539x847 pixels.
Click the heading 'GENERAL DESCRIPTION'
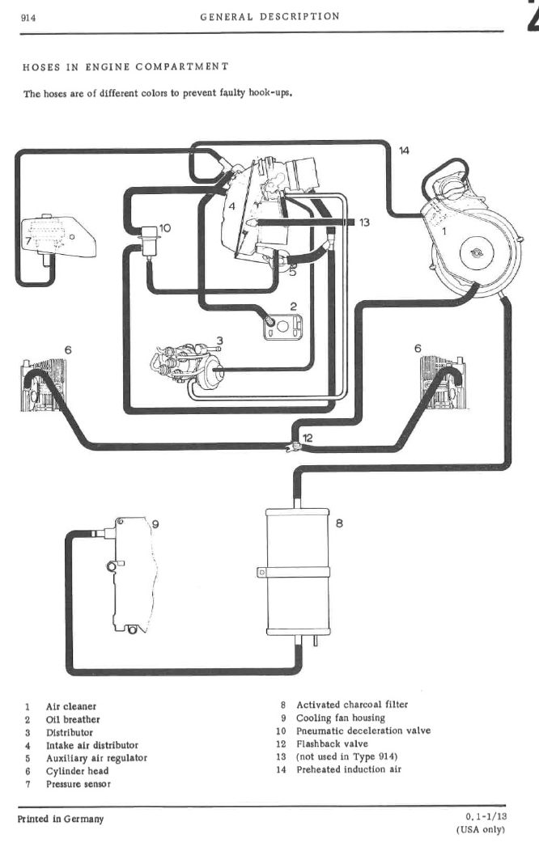(270, 16)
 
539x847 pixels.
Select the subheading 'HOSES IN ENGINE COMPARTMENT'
(125, 66)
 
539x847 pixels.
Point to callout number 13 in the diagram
(364, 222)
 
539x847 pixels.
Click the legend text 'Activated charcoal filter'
(352, 705)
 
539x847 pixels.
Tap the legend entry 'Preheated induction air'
(349, 769)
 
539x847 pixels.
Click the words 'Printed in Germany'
(61, 819)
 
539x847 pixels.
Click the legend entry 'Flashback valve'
(332, 743)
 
